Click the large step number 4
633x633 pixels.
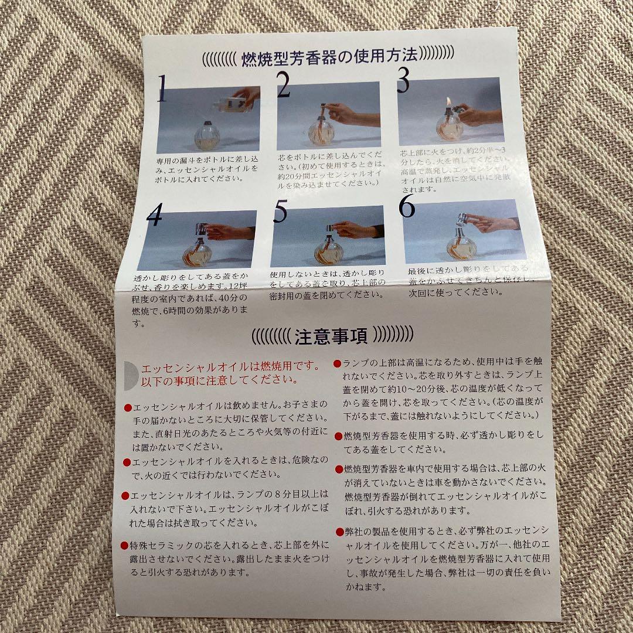155,216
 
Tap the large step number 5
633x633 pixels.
280,212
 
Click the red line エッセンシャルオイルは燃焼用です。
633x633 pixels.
230,367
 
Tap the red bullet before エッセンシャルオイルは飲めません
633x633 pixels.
128,407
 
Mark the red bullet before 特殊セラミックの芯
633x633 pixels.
124,545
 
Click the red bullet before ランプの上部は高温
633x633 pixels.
337,364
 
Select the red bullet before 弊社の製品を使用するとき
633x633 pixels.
339,532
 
